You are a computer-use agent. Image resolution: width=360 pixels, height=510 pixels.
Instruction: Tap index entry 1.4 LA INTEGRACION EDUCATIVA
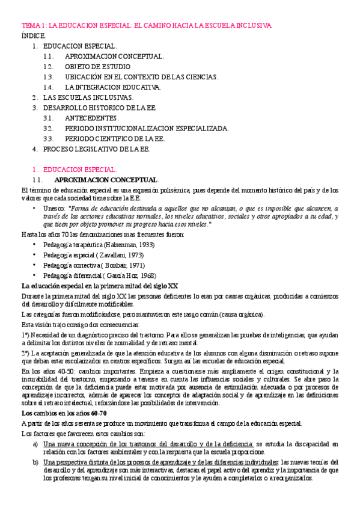click(x=113, y=87)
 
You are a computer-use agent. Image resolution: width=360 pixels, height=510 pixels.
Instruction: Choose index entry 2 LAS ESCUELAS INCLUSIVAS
click(x=88, y=97)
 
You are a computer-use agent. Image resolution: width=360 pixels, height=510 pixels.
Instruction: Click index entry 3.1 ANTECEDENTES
click(x=92, y=118)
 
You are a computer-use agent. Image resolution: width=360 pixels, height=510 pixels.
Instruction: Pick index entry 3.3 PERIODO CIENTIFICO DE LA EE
click(x=114, y=138)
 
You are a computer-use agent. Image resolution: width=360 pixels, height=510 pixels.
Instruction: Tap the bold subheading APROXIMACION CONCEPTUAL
click(x=106, y=180)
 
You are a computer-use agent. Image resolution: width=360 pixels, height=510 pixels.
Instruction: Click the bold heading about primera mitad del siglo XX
click(x=99, y=285)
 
